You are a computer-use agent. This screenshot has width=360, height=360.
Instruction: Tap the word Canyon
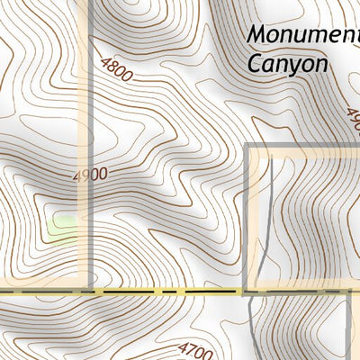click(286, 65)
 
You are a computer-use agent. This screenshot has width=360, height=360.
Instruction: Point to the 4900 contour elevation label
click(91, 174)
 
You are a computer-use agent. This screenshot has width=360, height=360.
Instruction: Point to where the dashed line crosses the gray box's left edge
click(247, 292)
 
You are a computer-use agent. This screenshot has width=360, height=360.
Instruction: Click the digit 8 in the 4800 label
click(116, 67)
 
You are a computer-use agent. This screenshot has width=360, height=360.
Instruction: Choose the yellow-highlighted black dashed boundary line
click(162, 292)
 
